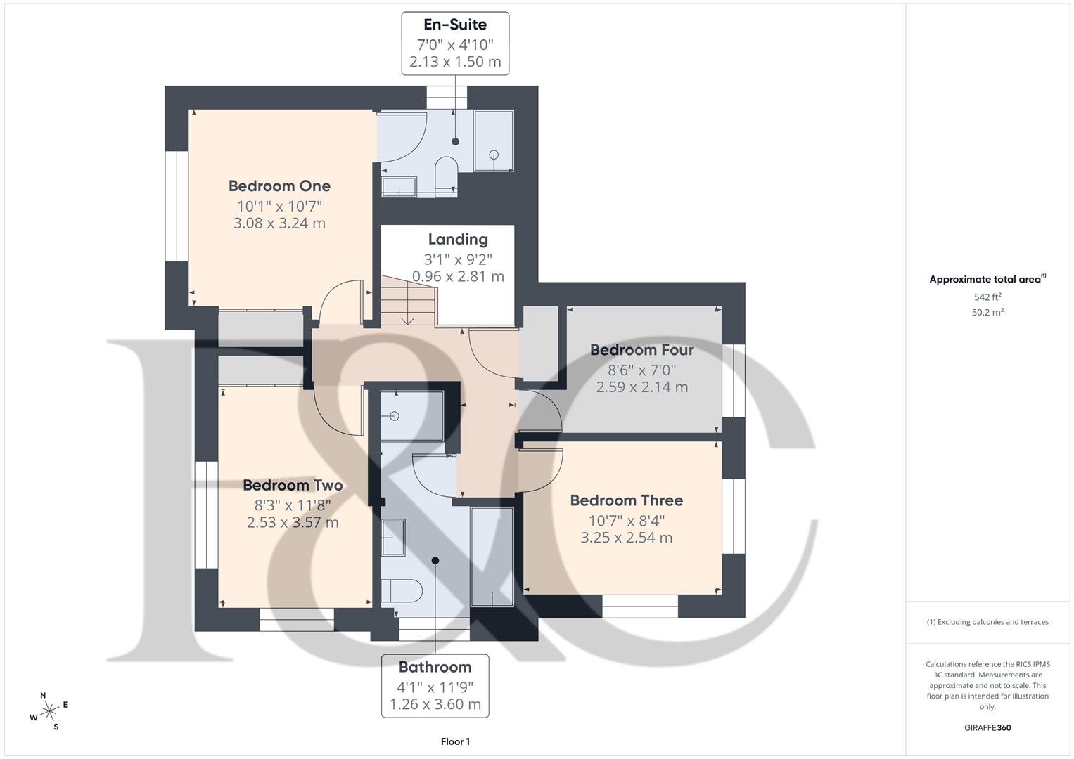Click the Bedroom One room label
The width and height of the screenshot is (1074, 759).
tap(279, 186)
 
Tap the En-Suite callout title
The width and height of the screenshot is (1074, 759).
tap(454, 25)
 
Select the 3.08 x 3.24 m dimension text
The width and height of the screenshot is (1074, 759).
tap(279, 223)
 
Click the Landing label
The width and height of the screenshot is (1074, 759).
tap(458, 240)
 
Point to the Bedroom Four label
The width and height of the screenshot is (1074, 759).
tap(641, 350)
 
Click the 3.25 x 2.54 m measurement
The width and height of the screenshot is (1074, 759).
tap(626, 538)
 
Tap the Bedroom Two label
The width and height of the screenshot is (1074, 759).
tap(293, 486)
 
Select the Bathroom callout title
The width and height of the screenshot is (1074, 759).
tap(435, 667)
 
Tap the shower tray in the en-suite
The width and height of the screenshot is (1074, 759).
tap(493, 141)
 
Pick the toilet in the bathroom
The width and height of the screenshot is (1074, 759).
tap(401, 590)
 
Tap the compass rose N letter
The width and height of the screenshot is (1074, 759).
tap(43, 696)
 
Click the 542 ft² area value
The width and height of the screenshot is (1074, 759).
tap(987, 297)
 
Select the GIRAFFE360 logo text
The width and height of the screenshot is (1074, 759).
tap(987, 727)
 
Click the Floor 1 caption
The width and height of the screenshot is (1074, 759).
tap(455, 741)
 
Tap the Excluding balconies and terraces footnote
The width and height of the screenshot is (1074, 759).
tap(987, 622)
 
